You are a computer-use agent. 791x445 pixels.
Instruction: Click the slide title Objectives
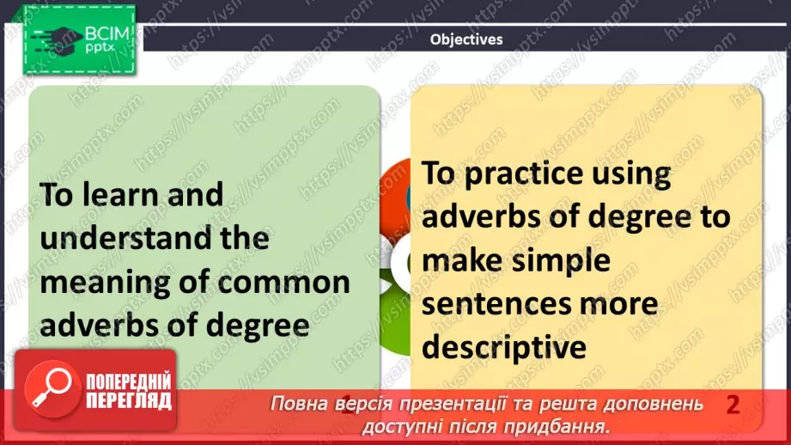(466, 40)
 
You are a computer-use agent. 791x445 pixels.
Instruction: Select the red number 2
(733, 404)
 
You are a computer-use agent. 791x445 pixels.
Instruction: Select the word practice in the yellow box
(527, 174)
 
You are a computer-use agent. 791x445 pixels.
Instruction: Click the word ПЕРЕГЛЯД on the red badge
(129, 402)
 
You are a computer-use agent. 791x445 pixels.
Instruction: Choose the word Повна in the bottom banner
(301, 404)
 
